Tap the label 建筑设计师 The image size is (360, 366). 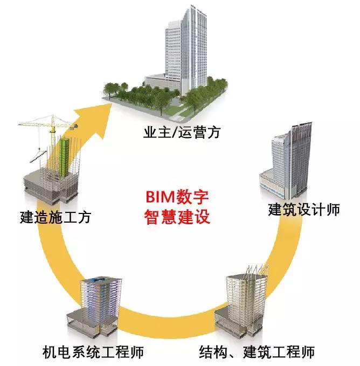[x=303, y=209]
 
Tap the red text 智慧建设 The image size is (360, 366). [x=177, y=217]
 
